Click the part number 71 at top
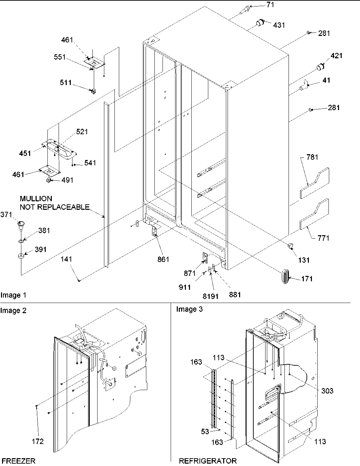click(270, 5)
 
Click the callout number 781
click(312, 157)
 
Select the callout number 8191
click(211, 296)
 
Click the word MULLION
click(36, 199)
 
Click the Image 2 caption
click(14, 310)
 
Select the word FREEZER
click(18, 461)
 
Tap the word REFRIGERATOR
click(208, 461)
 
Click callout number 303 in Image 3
click(327, 391)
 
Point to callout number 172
click(38, 441)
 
